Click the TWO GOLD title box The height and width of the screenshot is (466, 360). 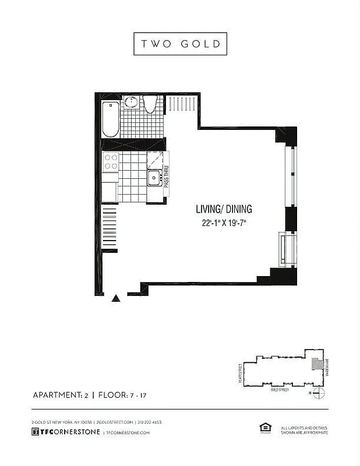[180, 44]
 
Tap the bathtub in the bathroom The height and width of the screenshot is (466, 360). [111, 119]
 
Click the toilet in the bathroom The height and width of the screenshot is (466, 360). [150, 105]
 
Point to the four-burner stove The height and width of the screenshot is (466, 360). [111, 161]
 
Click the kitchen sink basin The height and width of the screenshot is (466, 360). [155, 178]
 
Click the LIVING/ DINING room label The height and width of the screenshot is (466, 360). [224, 209]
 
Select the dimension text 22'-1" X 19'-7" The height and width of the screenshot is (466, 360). [224, 223]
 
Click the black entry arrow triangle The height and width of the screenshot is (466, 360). [116, 298]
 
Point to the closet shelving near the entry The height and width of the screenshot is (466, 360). [110, 228]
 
